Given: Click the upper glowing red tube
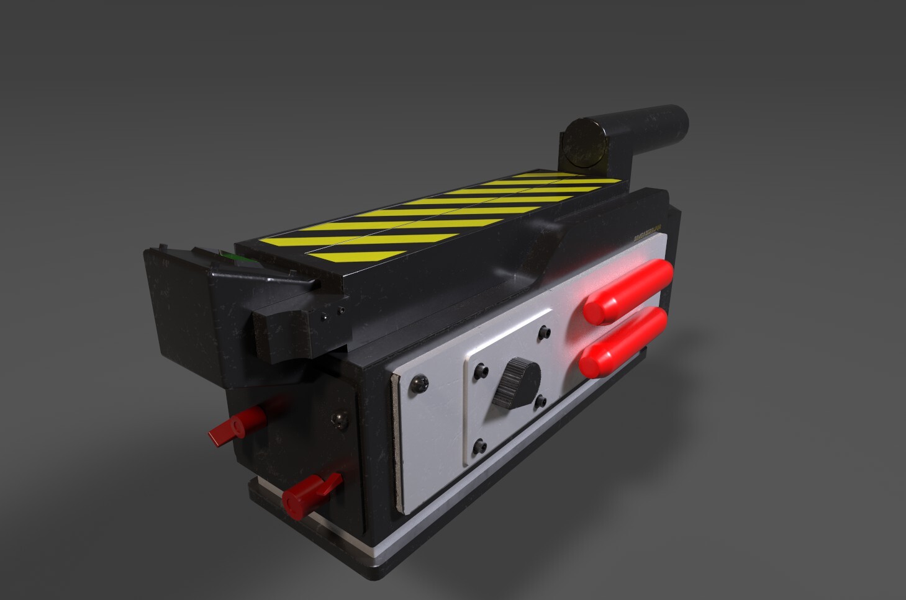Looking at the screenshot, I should click(x=628, y=292).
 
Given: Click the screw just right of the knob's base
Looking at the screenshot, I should click(x=540, y=402).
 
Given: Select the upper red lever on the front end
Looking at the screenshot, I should click(x=236, y=426).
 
